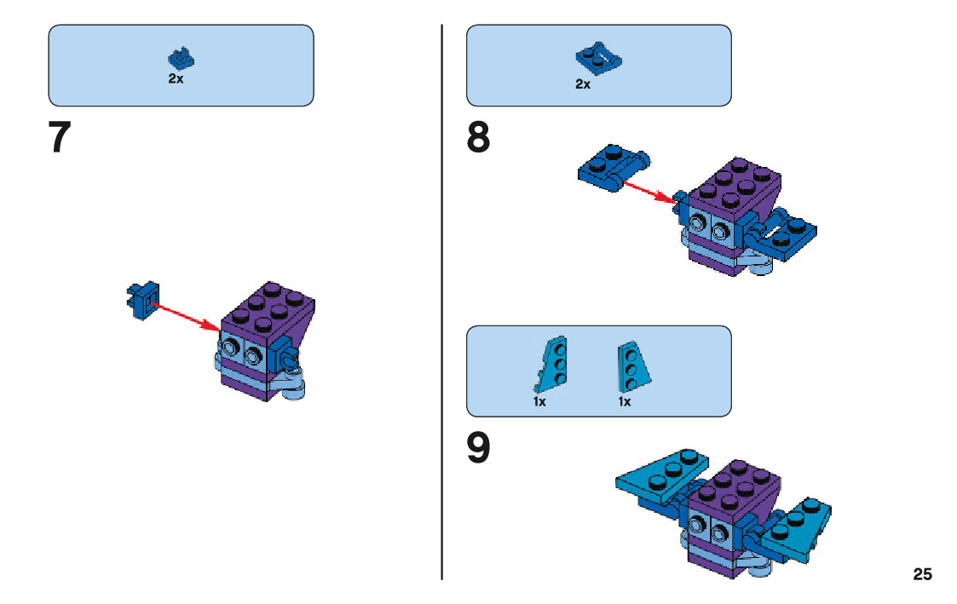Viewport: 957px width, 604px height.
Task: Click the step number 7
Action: pos(59,138)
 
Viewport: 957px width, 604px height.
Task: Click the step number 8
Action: pos(479,138)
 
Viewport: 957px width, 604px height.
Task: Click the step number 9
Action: pos(479,449)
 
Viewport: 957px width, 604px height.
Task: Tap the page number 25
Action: pos(922,574)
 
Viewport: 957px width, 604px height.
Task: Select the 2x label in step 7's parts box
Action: pos(176,78)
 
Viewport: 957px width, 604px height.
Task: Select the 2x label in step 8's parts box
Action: pos(583,83)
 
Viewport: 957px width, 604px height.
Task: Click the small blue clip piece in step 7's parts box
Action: pos(178,59)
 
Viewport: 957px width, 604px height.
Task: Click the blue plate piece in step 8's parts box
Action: pos(599,60)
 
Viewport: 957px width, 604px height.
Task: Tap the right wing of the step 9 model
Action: pos(798,524)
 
